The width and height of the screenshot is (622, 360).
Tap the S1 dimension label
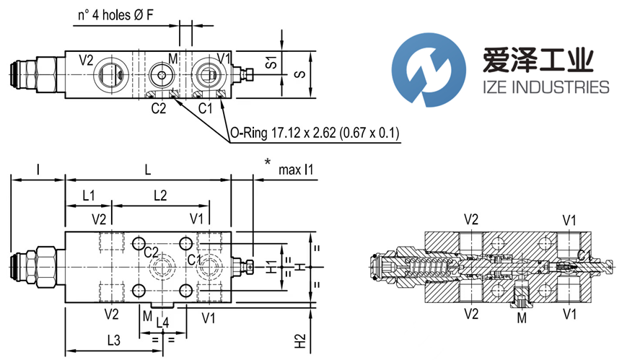click(271, 62)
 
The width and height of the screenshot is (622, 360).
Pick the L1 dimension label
click(88, 195)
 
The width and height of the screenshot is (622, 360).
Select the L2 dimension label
click(160, 195)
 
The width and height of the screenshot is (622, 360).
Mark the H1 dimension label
click(271, 266)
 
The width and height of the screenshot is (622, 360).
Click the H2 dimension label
click(299, 340)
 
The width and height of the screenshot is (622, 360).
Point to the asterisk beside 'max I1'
click(268, 163)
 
